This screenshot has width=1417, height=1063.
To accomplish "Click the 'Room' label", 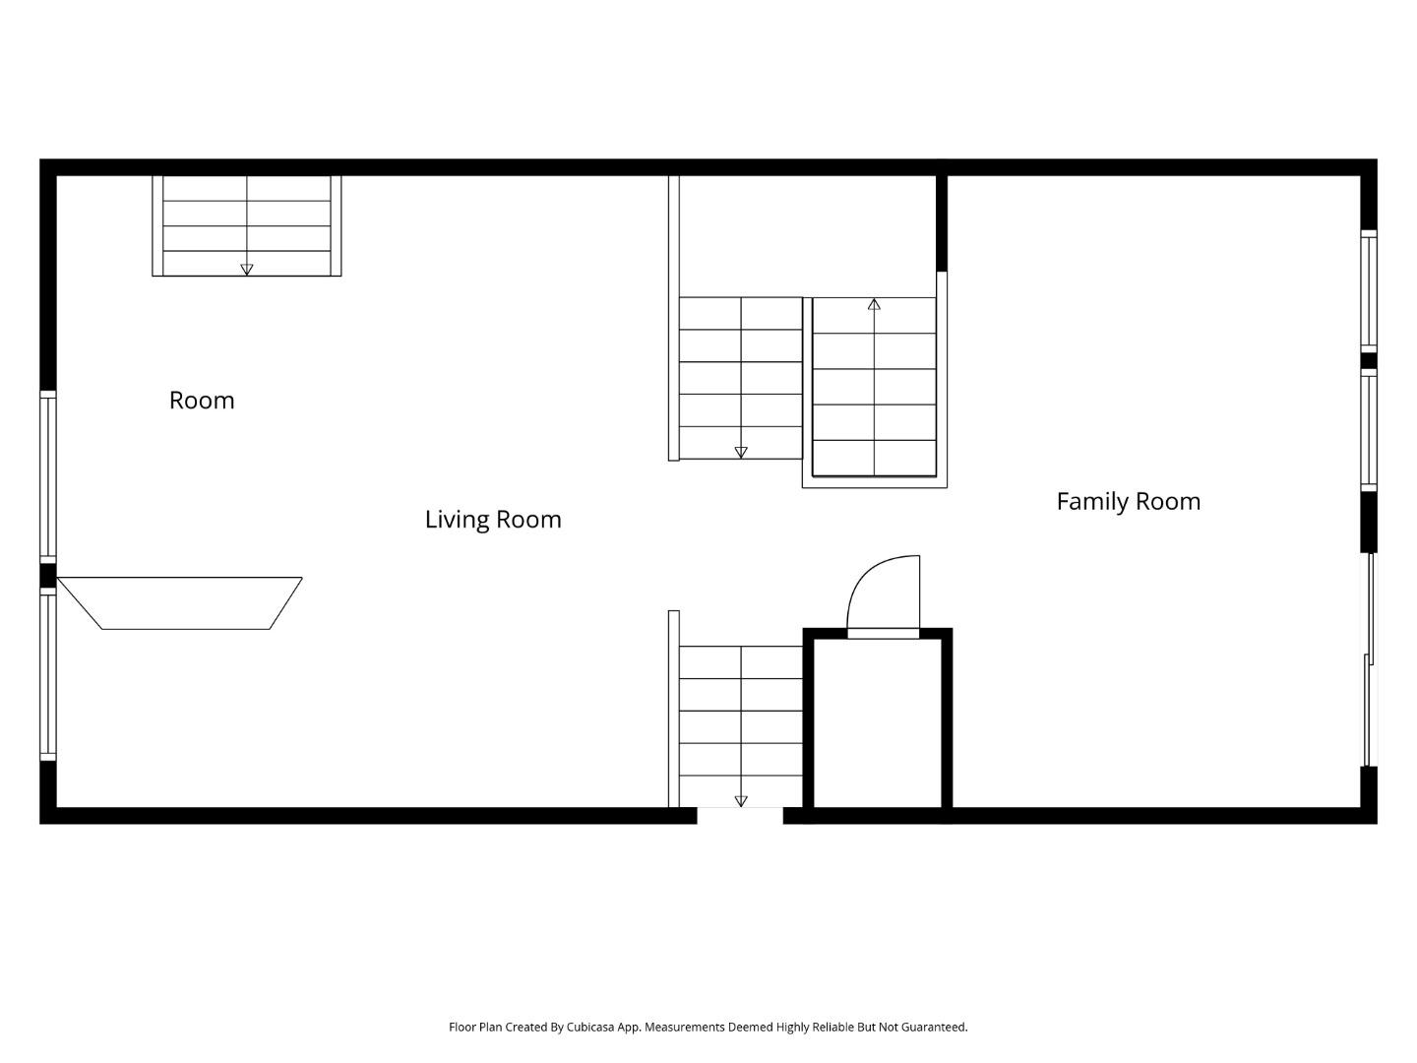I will coord(202,401).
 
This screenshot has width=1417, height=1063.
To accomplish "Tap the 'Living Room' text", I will coord(493,520).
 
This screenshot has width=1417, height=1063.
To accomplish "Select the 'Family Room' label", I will coord(1128,502).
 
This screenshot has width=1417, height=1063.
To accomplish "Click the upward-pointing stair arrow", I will coord(874,305).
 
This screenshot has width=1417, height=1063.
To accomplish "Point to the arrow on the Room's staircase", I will coord(247,269).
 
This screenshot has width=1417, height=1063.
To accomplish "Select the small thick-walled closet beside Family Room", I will coord(878,722).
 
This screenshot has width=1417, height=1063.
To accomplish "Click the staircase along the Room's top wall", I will coord(247,225).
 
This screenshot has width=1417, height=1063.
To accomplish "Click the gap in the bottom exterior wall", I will coord(740,816).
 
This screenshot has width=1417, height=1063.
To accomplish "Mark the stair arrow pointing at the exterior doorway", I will coord(741,801).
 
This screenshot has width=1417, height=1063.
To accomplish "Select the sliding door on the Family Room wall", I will coord(1368,659).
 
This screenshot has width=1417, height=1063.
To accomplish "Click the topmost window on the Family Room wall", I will coord(1368,290).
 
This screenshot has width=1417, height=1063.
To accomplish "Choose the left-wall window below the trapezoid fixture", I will coord(47,675).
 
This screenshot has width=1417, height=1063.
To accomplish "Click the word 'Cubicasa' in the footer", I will coord(590,1028).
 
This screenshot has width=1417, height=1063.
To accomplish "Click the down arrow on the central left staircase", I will coord(741,453).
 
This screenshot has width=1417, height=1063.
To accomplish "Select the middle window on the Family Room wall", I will coord(1368,429).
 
